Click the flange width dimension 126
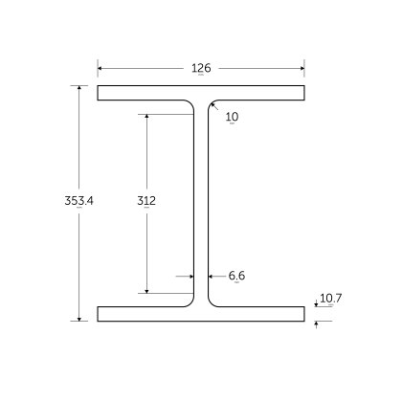pos(201,68)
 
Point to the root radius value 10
pos(233,117)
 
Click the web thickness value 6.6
pos(237,276)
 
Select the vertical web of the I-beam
pos(201,203)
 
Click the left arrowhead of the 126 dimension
pos(100,68)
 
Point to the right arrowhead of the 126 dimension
pos(301,68)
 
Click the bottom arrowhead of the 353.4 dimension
pos(78,318)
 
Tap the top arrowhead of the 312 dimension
pos(146,118)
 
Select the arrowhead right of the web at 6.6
pos(210,276)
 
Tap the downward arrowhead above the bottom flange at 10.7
pos(317,304)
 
